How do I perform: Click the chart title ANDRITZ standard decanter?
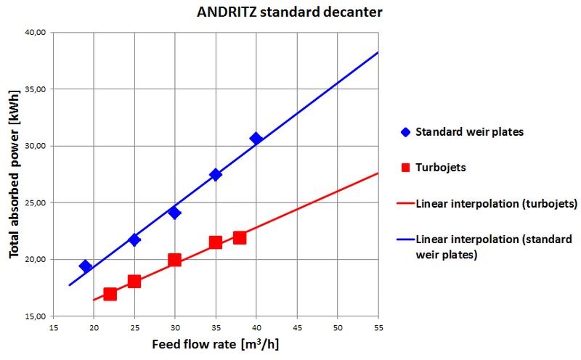[289, 12]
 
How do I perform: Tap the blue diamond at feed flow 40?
[256, 139]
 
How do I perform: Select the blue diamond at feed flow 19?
[86, 266]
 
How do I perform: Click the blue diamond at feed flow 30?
[174, 213]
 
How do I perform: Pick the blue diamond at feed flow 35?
[215, 174]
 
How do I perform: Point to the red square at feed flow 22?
[110, 294]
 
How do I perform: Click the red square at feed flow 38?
[240, 237]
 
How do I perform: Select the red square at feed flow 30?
[174, 260]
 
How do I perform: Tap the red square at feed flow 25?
[134, 281]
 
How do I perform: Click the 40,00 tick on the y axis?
[34, 33]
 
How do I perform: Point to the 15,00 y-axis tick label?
[34, 316]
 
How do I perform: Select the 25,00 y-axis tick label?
[34, 202]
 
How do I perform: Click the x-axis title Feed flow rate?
[215, 343]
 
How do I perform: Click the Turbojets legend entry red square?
[405, 167]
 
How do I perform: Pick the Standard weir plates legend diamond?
[405, 132]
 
